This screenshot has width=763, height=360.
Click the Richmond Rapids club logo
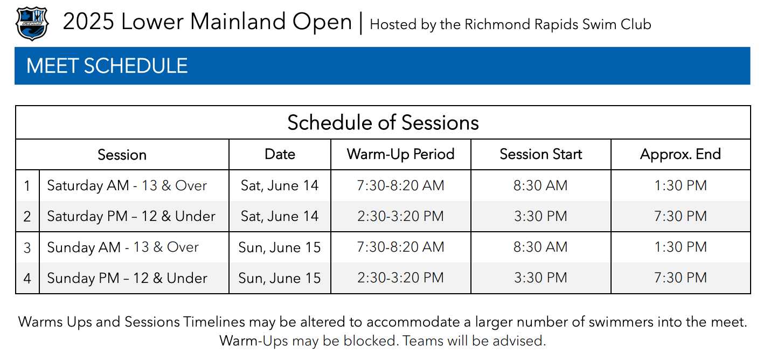tap(32, 24)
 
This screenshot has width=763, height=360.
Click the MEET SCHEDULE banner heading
tap(107, 66)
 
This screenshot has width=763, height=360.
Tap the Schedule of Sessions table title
tap(383, 123)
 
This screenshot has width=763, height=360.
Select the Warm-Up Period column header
tap(400, 154)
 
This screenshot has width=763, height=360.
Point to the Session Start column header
tap(540, 154)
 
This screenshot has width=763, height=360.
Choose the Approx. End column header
tap(680, 154)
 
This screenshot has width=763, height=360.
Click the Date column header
tap(280, 154)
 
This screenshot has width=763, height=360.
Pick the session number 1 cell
tap(27, 186)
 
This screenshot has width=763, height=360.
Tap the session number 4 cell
tap(27, 278)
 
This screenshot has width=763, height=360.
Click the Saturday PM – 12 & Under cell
tap(131, 216)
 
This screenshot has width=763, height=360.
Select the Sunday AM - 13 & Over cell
tap(123, 247)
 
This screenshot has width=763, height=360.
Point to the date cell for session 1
tap(279, 186)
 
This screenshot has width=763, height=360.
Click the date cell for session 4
tap(279, 278)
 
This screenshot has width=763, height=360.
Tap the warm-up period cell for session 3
tap(400, 247)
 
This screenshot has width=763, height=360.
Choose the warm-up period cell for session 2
tap(400, 216)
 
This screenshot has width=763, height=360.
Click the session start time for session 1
tap(540, 185)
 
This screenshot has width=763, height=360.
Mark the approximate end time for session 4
tap(680, 278)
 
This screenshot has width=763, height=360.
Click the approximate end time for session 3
tap(680, 247)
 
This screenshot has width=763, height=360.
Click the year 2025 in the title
tap(88, 22)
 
